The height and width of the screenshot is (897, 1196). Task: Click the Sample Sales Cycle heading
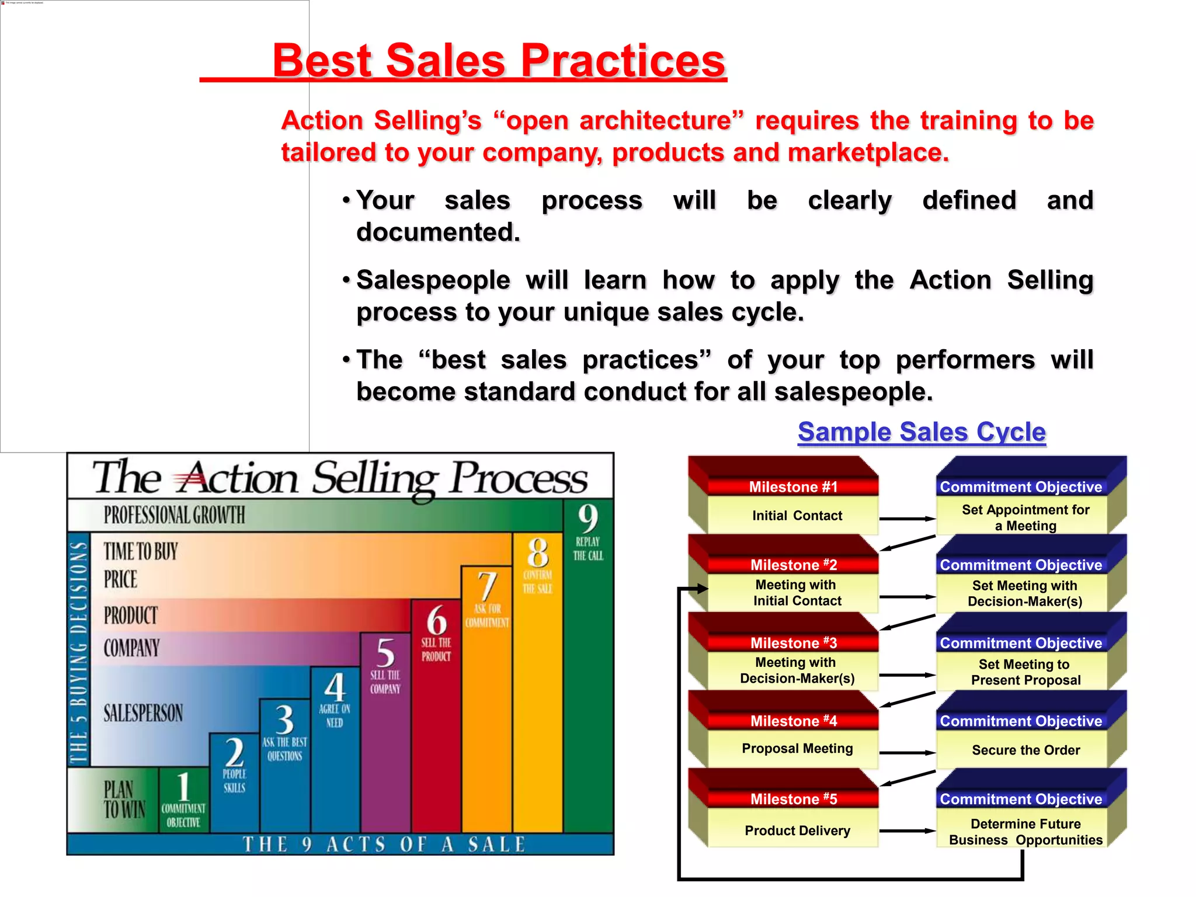[x=922, y=432]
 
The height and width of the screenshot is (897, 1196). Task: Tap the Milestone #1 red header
[x=792, y=486]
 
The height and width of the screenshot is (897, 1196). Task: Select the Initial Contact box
[x=797, y=516]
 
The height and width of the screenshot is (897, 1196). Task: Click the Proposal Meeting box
[x=797, y=749]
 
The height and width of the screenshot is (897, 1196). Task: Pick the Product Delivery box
[x=797, y=830]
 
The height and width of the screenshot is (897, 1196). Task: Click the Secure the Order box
[x=1025, y=750]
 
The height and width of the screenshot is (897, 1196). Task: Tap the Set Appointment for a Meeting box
[x=1025, y=517]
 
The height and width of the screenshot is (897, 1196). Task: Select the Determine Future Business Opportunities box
[x=1025, y=832]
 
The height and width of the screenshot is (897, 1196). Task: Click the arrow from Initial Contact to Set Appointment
[x=907, y=518]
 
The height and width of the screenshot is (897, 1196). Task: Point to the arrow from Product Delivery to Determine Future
[x=907, y=830]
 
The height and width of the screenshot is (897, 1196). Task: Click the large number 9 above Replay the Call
[x=587, y=518]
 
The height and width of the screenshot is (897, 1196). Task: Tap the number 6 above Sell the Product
[x=436, y=620]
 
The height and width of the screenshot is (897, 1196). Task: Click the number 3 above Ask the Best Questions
[x=284, y=719]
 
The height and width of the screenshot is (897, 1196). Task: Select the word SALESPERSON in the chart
[x=143, y=713]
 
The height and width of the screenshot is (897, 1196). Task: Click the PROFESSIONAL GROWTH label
[x=174, y=515]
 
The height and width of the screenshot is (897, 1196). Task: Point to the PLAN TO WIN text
[x=124, y=799]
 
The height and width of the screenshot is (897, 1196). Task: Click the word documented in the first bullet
[x=438, y=232]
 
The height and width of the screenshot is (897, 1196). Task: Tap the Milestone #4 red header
[x=792, y=721]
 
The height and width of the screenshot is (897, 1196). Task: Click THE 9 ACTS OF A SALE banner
[x=384, y=844]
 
